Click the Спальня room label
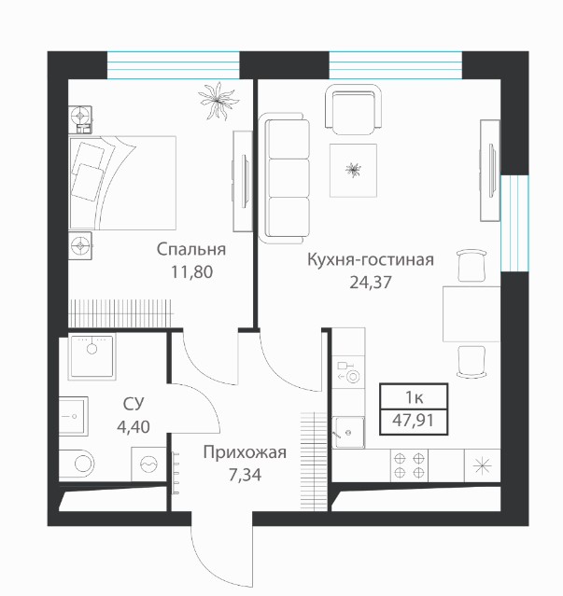click(x=191, y=250)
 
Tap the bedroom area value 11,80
click(x=191, y=272)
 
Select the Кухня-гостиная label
click(x=370, y=260)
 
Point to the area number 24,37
click(x=371, y=283)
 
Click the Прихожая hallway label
click(x=245, y=452)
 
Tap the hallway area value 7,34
click(x=245, y=475)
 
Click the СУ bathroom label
click(x=134, y=404)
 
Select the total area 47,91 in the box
click(x=413, y=421)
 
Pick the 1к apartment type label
click(x=415, y=397)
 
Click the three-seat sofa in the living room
click(x=284, y=179)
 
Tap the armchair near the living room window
click(x=353, y=110)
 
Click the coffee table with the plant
click(x=354, y=171)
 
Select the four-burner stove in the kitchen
click(x=409, y=465)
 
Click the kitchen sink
click(x=348, y=432)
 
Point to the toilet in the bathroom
click(x=77, y=464)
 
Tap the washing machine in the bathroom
click(x=148, y=464)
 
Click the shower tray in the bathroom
click(x=91, y=356)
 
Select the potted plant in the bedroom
click(x=218, y=101)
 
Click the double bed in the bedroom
click(x=122, y=183)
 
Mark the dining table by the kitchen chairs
click(x=472, y=314)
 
